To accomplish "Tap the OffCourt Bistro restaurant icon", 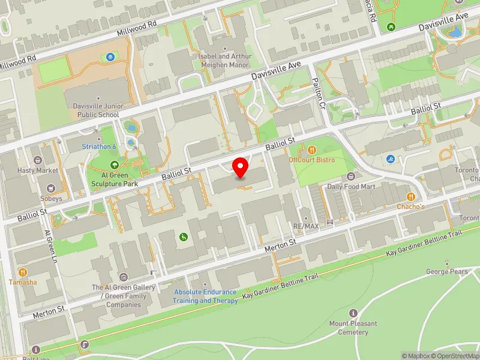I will (x=311, y=149).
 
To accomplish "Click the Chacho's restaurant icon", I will (x=411, y=196).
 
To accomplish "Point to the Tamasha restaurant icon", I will (x=23, y=272).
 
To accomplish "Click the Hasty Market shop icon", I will (x=38, y=161).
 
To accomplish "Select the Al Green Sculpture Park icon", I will (x=114, y=165).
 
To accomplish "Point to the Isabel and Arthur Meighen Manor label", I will (x=224, y=60).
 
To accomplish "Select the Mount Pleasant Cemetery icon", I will (x=353, y=313).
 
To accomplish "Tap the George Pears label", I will (x=447, y=271).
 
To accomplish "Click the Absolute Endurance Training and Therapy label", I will (x=205, y=296).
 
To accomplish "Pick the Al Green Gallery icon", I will (x=124, y=277).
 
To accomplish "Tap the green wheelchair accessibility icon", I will (x=182, y=237).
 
